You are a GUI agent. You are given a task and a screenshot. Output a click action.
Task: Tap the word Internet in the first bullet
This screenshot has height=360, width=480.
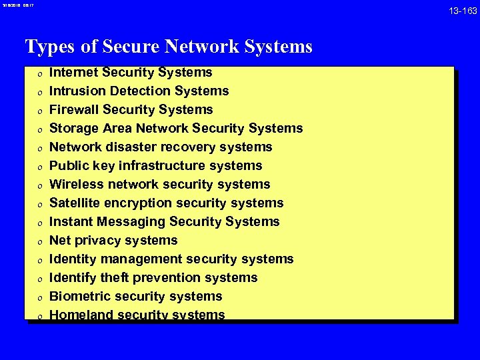point(72,72)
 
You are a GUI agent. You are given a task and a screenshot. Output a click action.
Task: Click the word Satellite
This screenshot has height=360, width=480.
point(75,203)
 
